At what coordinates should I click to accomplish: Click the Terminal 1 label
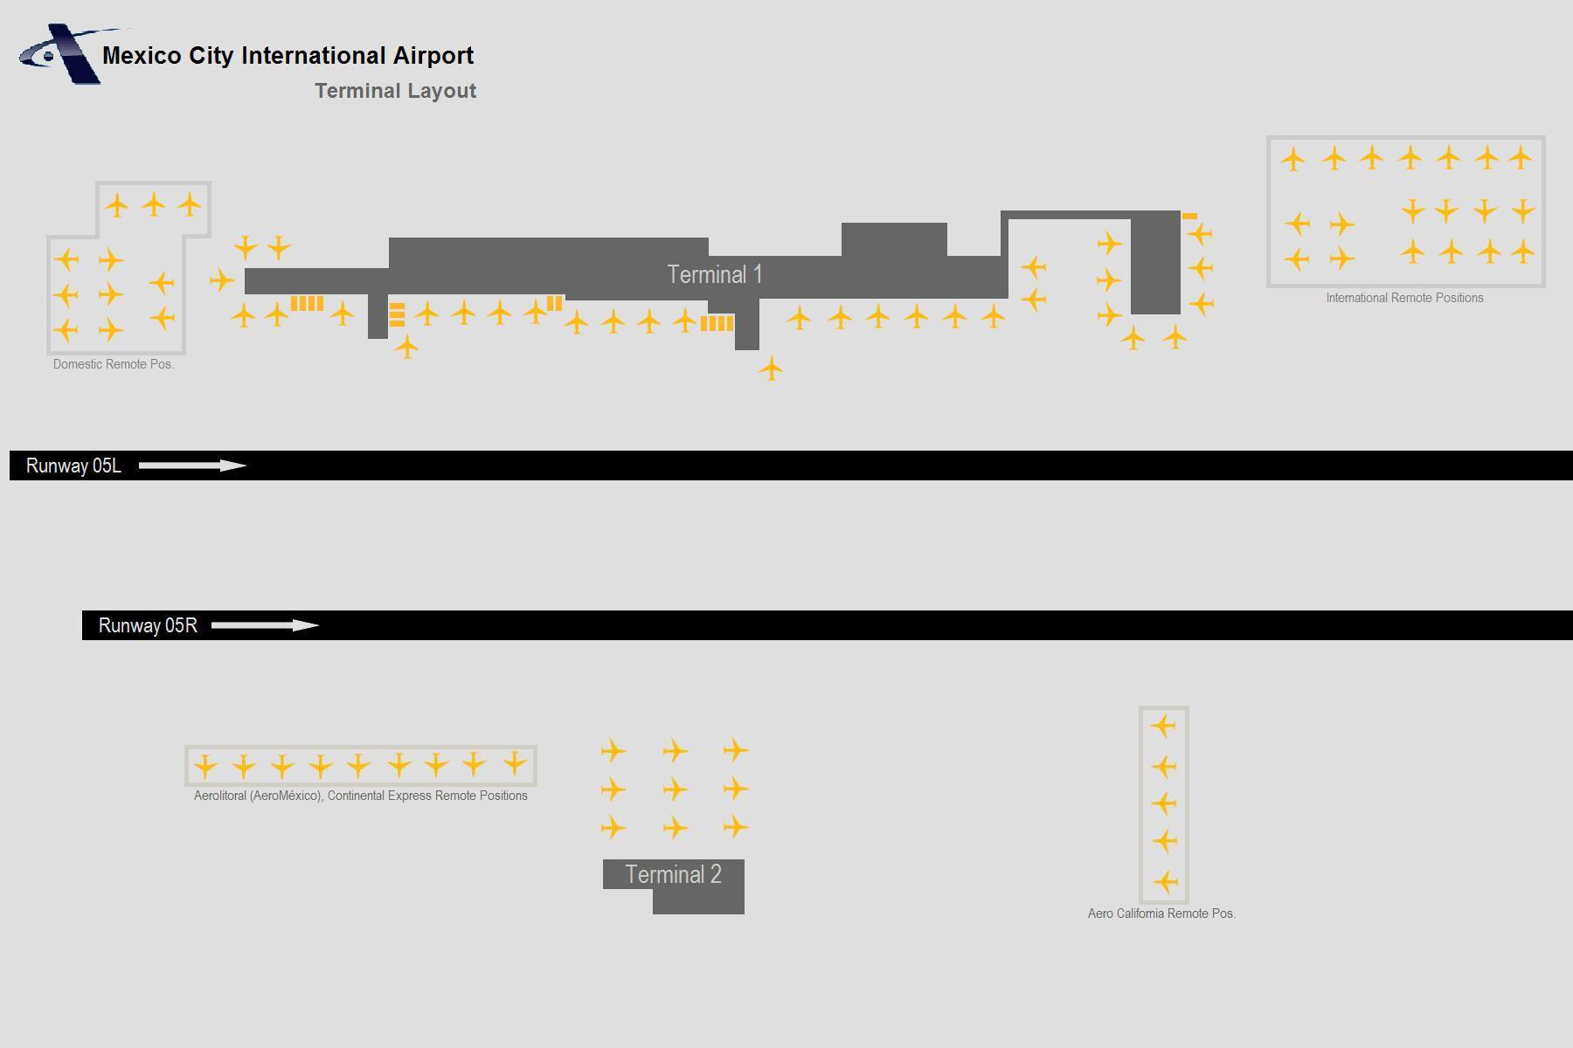coord(715,274)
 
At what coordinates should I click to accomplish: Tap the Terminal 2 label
coord(673,874)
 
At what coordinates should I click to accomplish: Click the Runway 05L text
coord(73,465)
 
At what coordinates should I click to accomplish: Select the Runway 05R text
coord(148,625)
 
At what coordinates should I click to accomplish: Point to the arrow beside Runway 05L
coord(193,465)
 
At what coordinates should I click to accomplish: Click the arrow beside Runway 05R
coord(266,625)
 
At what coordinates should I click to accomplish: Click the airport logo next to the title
coord(59,54)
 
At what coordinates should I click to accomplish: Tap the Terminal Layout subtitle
coord(396,91)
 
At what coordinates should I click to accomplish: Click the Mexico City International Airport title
coord(288,56)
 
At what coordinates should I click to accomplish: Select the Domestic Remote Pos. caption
coord(114,364)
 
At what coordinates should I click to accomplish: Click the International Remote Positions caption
coord(1404,298)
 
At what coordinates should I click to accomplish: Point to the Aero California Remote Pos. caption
coord(1161,914)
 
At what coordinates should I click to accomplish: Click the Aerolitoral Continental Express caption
coord(360,796)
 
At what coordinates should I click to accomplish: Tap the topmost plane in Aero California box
coord(1163,726)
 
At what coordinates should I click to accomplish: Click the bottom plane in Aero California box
coord(1164,882)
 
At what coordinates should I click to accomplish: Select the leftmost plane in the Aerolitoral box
coord(204,766)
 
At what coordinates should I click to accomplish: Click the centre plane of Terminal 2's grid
coord(675,789)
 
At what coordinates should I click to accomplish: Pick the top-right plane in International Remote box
coord(1521,157)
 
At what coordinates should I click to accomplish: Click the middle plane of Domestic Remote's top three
coord(154,205)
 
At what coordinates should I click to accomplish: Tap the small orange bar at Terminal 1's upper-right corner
coord(1189,216)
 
